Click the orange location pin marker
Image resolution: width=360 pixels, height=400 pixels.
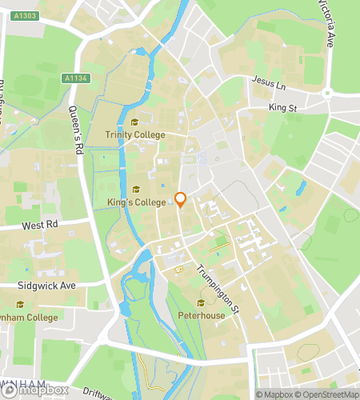(x=181, y=200)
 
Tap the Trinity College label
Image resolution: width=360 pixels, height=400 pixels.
(x=135, y=135)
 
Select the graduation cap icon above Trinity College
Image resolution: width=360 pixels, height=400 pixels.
(x=135, y=122)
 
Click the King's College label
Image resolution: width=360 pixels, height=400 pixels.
(x=136, y=202)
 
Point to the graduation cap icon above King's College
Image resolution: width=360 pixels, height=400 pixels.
(x=136, y=190)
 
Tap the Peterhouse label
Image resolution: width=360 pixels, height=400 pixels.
(x=201, y=314)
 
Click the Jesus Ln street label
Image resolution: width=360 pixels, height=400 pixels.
(x=267, y=82)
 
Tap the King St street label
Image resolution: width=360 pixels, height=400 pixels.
(x=282, y=106)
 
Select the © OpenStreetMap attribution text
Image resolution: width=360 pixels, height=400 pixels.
(x=328, y=394)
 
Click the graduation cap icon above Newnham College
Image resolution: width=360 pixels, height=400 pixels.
(x=19, y=304)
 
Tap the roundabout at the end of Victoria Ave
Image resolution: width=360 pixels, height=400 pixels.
(x=328, y=94)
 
